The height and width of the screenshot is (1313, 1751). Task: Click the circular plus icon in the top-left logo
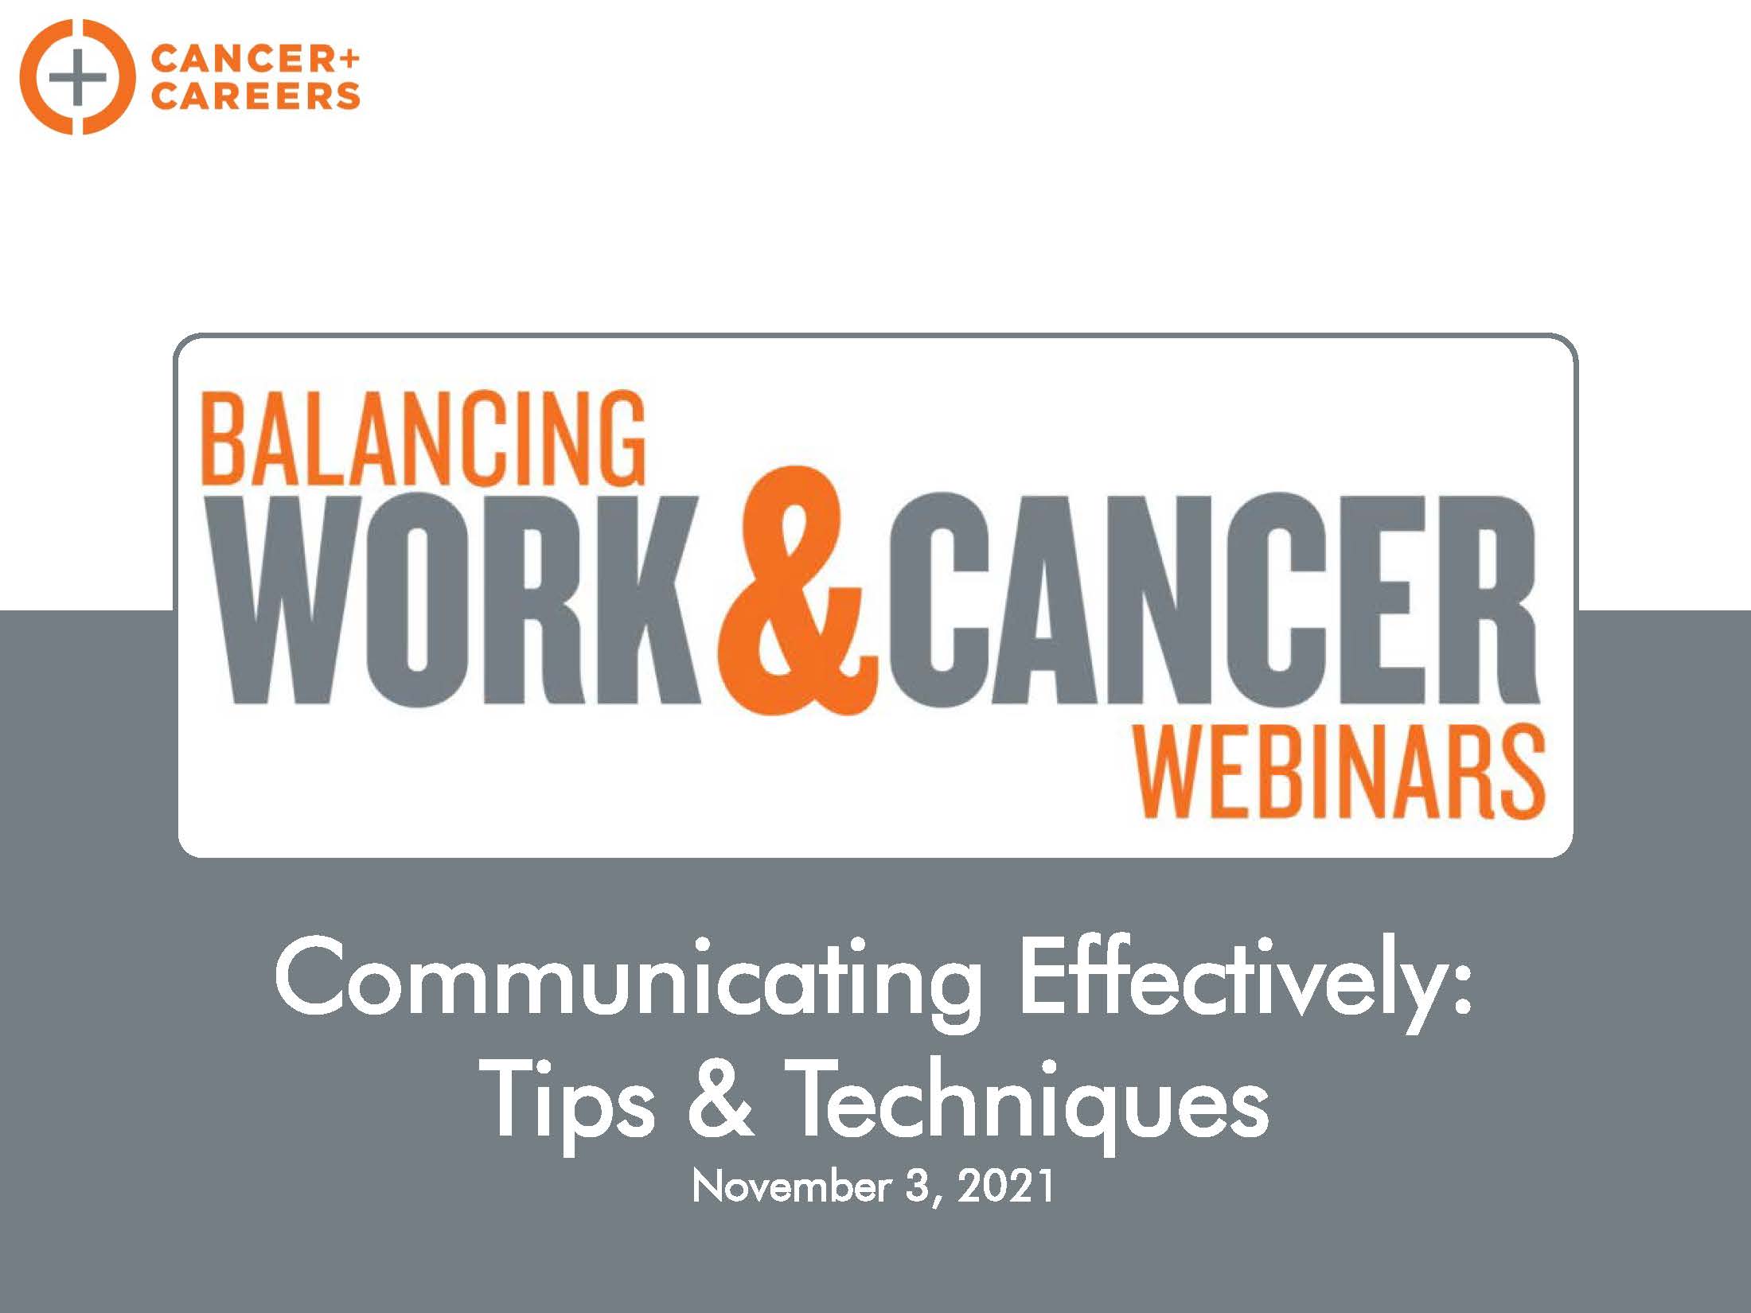77,77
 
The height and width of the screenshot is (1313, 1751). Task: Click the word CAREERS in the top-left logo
255,96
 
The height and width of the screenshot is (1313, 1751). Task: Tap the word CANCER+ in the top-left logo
255,59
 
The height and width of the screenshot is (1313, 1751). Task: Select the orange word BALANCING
423,438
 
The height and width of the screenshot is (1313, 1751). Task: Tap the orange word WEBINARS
1339,771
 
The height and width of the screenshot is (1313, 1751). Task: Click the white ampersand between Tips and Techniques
720,1100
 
